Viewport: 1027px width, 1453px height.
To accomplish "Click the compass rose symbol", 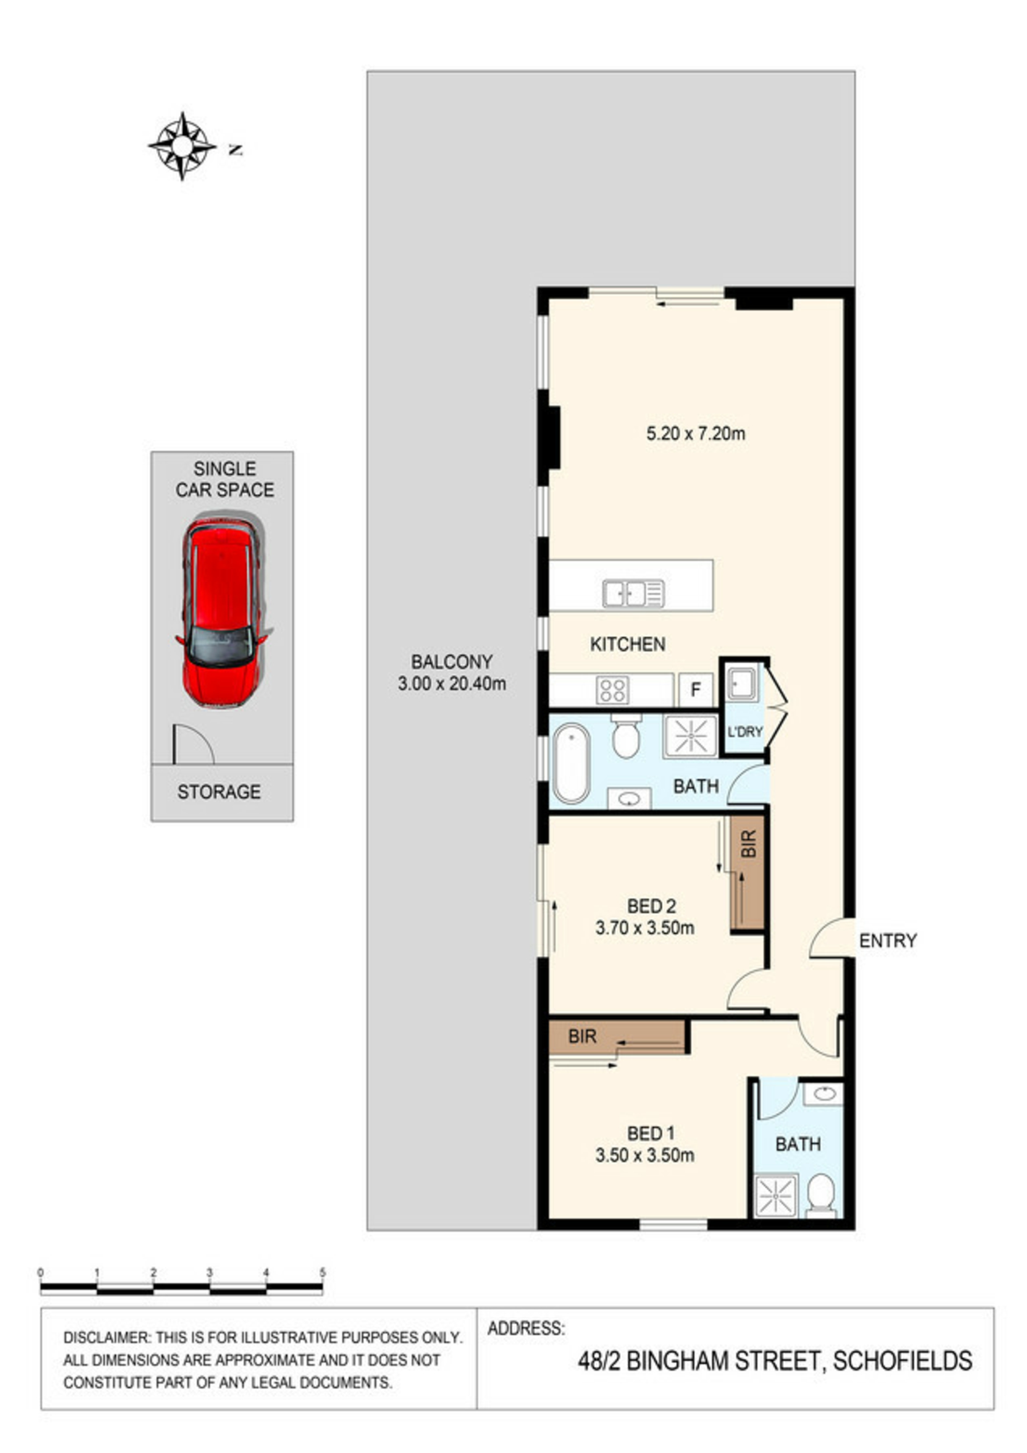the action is click(182, 146).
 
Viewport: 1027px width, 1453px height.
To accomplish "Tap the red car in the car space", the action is click(224, 611).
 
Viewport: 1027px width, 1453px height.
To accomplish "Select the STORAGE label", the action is click(219, 792).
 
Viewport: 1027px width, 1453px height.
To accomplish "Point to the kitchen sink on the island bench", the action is click(633, 594).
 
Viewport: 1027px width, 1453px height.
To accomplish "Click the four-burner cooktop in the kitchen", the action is click(612, 690).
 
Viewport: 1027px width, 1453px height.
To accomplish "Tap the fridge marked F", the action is click(695, 690).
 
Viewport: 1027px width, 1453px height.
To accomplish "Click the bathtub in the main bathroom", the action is click(571, 763).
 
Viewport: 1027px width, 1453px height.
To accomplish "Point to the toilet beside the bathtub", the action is click(626, 736).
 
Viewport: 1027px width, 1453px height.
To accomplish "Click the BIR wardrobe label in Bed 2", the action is click(748, 844).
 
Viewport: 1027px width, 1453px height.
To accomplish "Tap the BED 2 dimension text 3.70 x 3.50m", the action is click(644, 928).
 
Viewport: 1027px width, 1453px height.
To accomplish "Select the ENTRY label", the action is click(888, 940).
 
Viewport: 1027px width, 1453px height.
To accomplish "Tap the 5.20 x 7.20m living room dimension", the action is click(695, 433).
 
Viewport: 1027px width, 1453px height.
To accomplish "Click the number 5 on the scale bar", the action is click(323, 1273).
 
